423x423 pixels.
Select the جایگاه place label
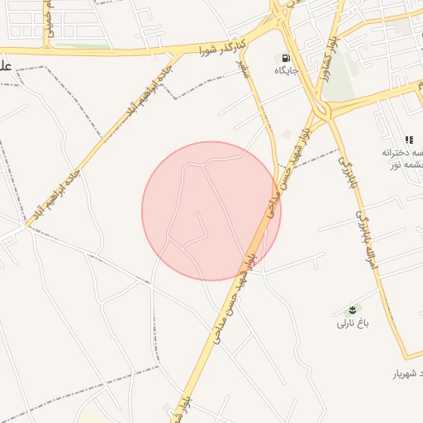[x=286, y=72]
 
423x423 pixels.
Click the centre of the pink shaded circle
[x=211, y=211]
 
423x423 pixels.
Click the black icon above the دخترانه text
[x=408, y=140]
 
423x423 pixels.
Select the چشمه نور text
[x=408, y=166]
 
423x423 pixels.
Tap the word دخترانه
[x=402, y=154]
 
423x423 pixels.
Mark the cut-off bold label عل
[x=5, y=67]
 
